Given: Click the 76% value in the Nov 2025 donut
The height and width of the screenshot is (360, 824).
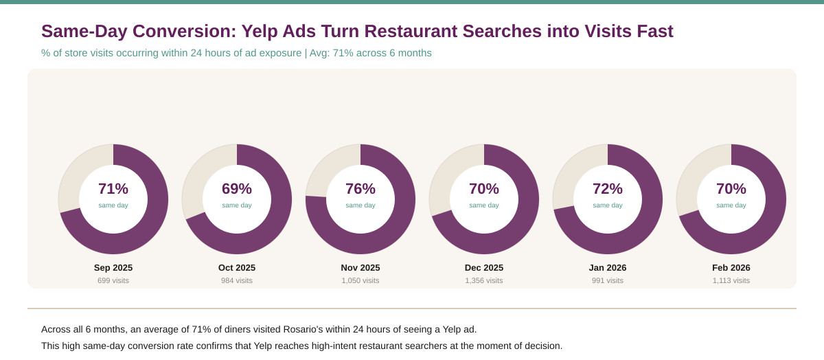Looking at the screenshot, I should click(x=360, y=189).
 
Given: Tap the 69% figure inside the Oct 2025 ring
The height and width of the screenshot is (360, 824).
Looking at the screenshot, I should click(x=237, y=189).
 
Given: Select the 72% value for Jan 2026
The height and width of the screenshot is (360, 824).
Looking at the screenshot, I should click(x=608, y=189).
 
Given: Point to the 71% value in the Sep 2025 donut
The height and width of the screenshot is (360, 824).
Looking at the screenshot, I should click(x=113, y=189).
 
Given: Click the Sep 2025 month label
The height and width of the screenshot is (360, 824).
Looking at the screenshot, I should click(x=113, y=268).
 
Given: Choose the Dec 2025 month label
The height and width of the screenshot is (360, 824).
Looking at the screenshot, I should click(x=484, y=268).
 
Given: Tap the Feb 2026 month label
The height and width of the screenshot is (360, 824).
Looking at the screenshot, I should click(x=731, y=268).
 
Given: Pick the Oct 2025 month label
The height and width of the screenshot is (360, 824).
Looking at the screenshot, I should click(x=237, y=268).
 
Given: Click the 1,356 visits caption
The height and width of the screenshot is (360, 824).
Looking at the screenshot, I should click(x=484, y=280).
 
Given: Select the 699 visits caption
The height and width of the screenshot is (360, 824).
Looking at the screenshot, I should click(x=113, y=280).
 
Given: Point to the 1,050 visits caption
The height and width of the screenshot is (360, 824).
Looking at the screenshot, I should click(x=360, y=280).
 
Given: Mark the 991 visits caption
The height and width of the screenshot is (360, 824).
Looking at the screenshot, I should click(x=608, y=280).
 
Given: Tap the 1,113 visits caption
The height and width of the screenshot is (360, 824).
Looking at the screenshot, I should click(x=731, y=280).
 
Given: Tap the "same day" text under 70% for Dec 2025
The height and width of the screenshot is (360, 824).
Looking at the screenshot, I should click(x=484, y=205).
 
